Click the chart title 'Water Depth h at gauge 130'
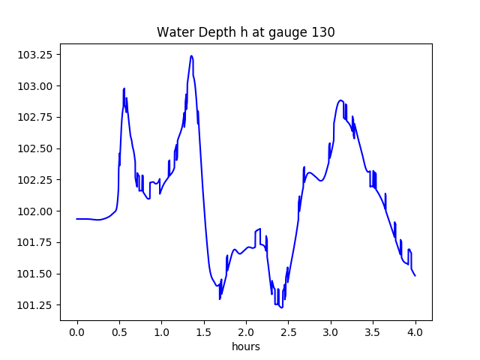click(245, 32)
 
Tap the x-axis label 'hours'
click(245, 346)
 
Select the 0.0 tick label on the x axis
click(77, 331)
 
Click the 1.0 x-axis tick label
click(161, 331)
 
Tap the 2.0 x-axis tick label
click(246, 331)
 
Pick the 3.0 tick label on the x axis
click(331, 331)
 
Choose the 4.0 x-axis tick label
click(415, 331)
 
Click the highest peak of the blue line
click(191, 55)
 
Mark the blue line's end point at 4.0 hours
click(415, 276)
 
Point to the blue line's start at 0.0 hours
click(77, 219)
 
